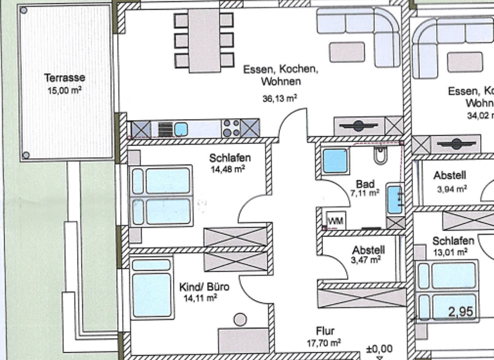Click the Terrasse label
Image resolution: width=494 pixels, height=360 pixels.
point(64,78)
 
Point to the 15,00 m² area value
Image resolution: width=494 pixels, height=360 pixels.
point(64,91)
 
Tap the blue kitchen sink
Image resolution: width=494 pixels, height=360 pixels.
point(181,129)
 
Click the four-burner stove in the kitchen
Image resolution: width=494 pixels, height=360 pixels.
point(231,129)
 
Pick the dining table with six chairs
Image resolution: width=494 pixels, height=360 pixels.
point(203,40)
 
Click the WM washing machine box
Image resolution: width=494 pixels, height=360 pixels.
point(335,221)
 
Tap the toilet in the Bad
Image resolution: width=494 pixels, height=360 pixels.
point(380,155)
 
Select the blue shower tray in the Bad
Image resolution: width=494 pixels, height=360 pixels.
point(335,161)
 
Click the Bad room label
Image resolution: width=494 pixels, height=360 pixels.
point(364,183)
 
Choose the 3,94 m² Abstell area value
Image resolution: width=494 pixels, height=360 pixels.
point(451,189)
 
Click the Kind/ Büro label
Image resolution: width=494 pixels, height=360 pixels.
point(201,287)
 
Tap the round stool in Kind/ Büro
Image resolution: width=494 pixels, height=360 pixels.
point(241,319)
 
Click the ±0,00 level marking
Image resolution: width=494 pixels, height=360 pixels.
point(379,349)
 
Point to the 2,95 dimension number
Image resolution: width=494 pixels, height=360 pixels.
point(461,312)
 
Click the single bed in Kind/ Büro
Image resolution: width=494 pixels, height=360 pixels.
point(152,287)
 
